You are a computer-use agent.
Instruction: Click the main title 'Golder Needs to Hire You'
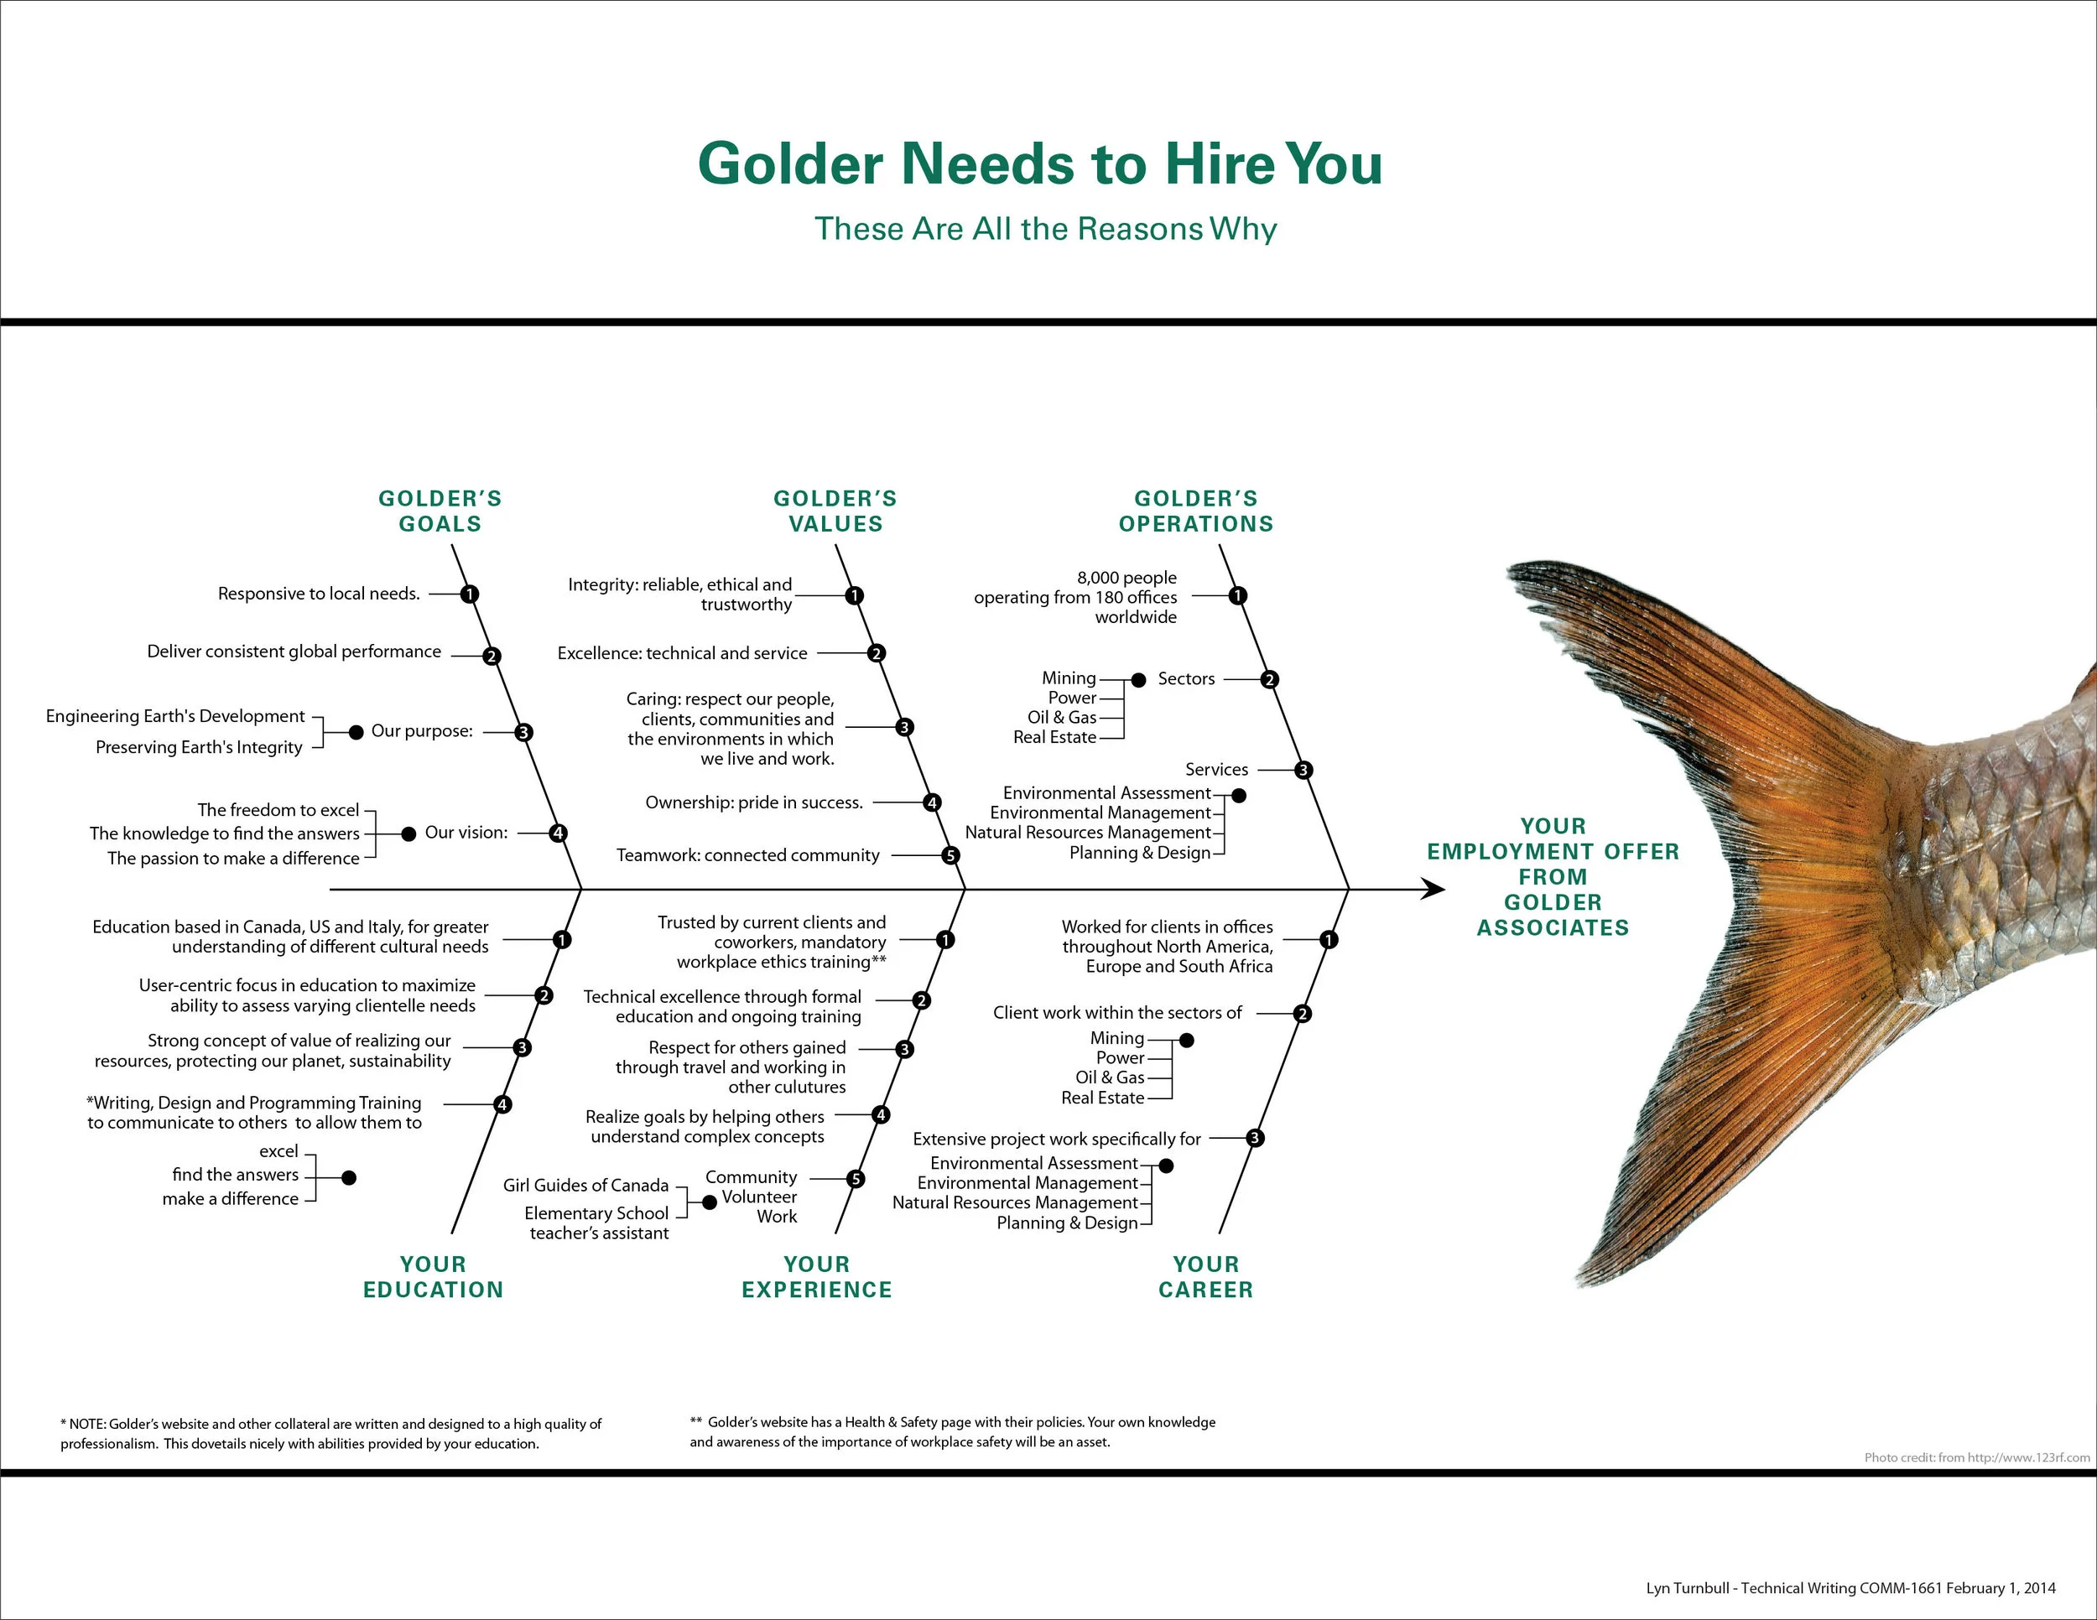1040,164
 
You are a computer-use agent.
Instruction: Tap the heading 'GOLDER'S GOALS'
440,511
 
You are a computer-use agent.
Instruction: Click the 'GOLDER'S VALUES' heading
835,511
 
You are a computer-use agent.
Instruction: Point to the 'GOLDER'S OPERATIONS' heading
1195,511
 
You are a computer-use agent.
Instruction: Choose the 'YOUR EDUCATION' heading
433,1276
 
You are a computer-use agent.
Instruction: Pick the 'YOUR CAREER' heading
1206,1276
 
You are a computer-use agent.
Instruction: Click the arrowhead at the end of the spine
1434,890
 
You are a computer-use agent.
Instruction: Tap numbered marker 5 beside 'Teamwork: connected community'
950,855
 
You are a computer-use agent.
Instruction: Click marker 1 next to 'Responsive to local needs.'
469,594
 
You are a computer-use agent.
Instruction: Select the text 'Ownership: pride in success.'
754,802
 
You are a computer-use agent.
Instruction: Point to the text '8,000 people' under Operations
1127,578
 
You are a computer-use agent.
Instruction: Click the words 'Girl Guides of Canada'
585,1186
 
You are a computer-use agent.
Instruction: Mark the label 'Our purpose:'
422,731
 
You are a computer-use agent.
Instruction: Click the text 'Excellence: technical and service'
682,653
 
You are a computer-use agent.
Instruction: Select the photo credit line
1976,1456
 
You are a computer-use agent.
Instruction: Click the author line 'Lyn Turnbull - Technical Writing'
1850,1587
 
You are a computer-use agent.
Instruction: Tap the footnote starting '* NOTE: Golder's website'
330,1433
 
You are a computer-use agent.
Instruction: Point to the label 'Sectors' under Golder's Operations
1186,679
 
